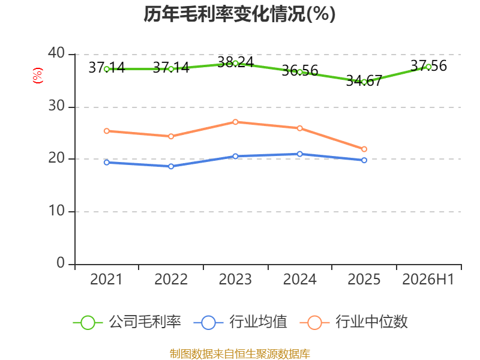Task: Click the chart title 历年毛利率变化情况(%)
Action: pos(239,14)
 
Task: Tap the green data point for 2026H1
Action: pos(428,67)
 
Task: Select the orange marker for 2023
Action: pos(235,122)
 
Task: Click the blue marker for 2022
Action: pos(171,166)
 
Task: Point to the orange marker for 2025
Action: pos(364,149)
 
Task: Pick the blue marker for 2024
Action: pos(299,154)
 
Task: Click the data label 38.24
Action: pos(235,62)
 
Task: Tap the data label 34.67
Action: pos(364,81)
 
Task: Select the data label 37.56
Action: pos(428,66)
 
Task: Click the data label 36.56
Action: pos(299,71)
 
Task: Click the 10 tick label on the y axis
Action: pos(56,211)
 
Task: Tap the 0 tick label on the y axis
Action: pos(61,263)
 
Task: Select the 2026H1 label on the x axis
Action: pos(428,280)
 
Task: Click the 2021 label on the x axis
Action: pos(106,280)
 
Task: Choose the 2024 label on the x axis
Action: pos(299,280)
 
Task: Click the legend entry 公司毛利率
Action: pos(127,322)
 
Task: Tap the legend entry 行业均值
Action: pos(241,322)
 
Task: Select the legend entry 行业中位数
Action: pos(354,322)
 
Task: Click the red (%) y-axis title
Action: pos(38,76)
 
